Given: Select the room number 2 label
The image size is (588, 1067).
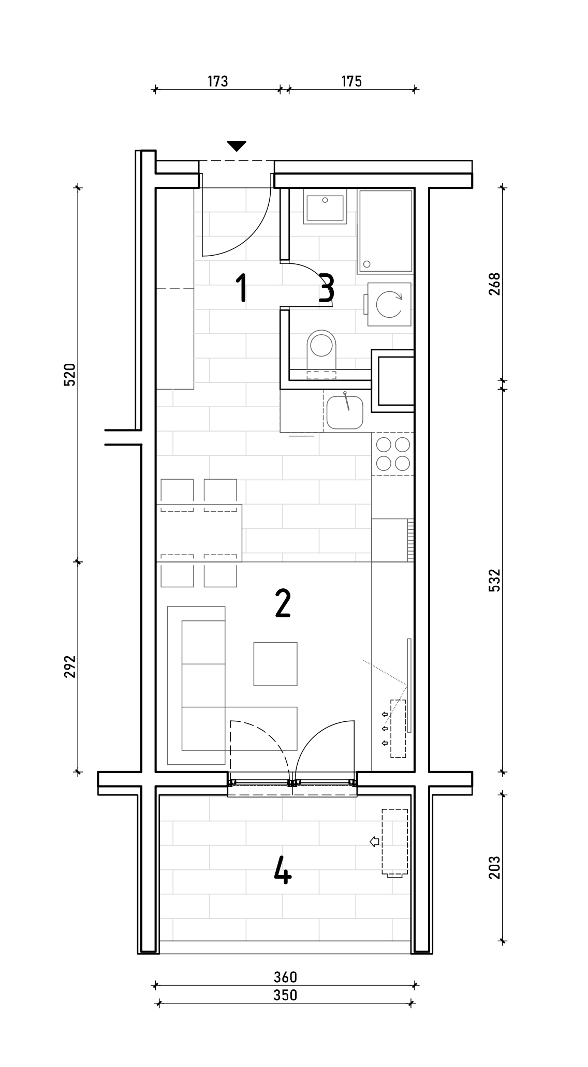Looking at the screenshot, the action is pos(283,603).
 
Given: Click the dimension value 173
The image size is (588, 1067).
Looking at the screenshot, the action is pos(217,81).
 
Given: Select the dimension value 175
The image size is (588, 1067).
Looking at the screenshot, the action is pos(351,81).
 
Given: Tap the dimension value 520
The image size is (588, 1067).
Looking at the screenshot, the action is pos(70,375).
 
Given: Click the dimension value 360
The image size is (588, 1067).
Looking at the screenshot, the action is pos(285,976).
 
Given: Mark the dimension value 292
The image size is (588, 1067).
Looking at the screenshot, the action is pos(70,666).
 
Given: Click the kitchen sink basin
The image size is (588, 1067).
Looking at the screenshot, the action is pos(345,412).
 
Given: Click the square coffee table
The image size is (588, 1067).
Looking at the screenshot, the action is pos(275,664).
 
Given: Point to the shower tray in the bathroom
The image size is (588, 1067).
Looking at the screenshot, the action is pos(385,232).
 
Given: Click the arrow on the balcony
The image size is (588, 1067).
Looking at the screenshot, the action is pos(375,842).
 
